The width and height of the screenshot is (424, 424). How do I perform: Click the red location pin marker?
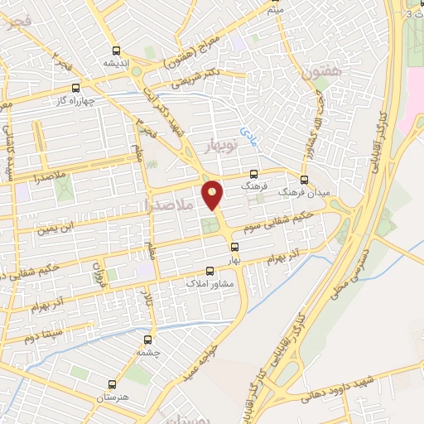tap(214, 195)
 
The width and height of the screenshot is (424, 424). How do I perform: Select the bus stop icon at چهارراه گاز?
tap(76, 87)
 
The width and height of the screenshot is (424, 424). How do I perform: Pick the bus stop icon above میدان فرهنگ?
tap(304, 179)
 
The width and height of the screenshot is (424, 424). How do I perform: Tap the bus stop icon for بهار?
tap(234, 246)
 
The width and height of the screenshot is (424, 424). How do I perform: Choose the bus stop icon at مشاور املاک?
tap(210, 271)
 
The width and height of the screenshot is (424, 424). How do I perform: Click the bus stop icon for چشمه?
tap(148, 338)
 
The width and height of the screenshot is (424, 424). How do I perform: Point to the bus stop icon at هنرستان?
tap(113, 385)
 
